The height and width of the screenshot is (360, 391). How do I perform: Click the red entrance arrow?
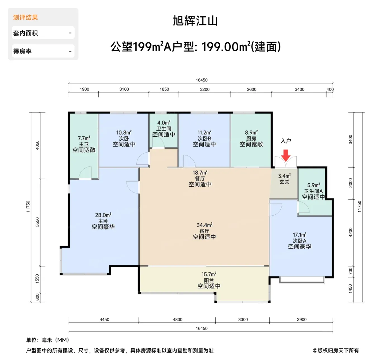[x=285, y=155]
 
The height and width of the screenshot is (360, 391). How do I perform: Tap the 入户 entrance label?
[x=286, y=141]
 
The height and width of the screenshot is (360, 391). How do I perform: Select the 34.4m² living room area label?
[x=204, y=225]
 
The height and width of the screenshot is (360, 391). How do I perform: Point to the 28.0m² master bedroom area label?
[x=103, y=215]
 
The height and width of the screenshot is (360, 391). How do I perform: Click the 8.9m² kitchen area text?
[x=251, y=133]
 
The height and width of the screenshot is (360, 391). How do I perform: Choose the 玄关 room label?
[x=284, y=182]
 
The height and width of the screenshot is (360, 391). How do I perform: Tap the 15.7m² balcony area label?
[x=209, y=274]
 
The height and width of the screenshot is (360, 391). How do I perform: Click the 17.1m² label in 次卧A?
[x=299, y=234]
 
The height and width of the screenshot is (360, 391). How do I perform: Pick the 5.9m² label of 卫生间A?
[x=313, y=185]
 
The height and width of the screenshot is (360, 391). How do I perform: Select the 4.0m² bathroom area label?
[x=164, y=123]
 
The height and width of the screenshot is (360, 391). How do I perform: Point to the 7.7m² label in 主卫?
[x=84, y=138]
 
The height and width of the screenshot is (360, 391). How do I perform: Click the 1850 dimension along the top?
[x=164, y=89]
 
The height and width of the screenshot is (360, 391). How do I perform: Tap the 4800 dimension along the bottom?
[x=178, y=320]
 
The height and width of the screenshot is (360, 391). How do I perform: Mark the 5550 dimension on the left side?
[x=37, y=222]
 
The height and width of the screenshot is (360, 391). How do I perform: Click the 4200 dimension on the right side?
[x=351, y=232]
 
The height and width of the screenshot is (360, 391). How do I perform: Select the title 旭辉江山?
[x=195, y=21]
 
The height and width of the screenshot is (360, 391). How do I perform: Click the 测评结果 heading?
[x=25, y=18]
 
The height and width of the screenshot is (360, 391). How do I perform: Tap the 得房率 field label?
[x=22, y=51]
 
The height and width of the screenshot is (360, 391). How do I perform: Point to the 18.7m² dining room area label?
[x=200, y=172]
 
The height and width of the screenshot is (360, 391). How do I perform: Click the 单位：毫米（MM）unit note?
[x=48, y=340]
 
